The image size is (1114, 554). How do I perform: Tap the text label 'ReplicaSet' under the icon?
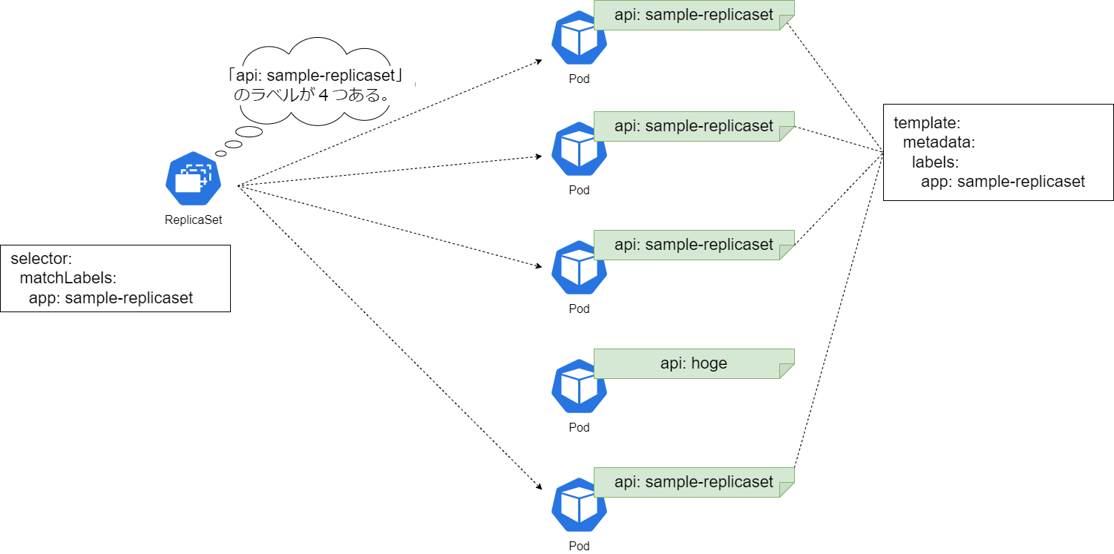tap(193, 220)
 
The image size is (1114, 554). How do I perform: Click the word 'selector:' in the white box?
tap(41, 260)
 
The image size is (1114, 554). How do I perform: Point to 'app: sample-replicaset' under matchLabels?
tap(111, 298)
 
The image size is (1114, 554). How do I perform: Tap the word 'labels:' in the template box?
tap(935, 162)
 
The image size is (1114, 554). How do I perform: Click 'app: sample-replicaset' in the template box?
tap(1003, 182)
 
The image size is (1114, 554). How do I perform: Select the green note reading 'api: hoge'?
tap(693, 363)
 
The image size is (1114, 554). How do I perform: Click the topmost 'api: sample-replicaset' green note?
tap(693, 15)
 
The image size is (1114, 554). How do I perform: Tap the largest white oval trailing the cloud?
tap(249, 132)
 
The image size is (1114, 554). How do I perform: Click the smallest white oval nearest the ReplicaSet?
tap(220, 154)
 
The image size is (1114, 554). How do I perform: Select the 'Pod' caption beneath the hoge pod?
tap(579, 427)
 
